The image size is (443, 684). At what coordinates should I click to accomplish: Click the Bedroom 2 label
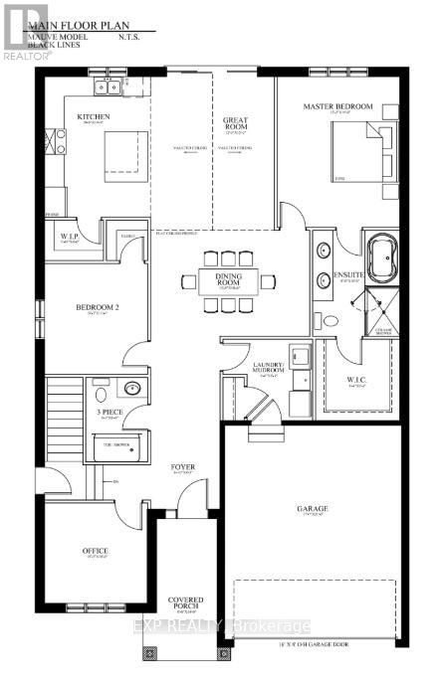[98, 308]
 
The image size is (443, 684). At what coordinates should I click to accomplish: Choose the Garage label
[312, 508]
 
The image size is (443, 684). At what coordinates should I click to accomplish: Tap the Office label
[96, 550]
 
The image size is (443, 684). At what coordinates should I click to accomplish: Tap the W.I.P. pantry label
[69, 237]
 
